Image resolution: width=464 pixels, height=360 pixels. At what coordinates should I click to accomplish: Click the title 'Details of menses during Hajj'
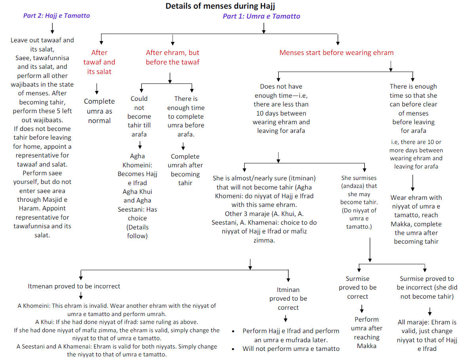click(x=220, y=6)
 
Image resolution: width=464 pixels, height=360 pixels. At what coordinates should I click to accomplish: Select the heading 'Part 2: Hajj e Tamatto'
click(x=57, y=16)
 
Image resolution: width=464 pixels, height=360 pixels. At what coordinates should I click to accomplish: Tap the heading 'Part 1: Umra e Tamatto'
click(x=261, y=16)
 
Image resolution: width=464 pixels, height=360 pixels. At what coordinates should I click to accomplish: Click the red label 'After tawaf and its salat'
click(x=99, y=62)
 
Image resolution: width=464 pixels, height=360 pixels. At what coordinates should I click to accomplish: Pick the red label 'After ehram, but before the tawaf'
click(x=173, y=57)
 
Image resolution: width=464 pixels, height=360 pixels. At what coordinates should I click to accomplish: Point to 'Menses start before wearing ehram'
click(x=337, y=53)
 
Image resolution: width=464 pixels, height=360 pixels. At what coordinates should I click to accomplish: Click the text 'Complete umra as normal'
click(x=99, y=111)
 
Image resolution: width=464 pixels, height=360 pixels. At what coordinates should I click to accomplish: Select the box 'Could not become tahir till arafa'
click(x=139, y=116)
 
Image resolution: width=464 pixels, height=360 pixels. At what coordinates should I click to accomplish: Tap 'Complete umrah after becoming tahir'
click(x=185, y=169)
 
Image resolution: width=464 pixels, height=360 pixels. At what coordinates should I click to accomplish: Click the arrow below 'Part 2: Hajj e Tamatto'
click(x=52, y=28)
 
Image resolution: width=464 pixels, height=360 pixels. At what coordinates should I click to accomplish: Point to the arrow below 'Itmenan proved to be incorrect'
click(x=81, y=296)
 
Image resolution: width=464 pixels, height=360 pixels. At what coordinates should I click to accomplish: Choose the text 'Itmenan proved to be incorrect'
click(x=74, y=286)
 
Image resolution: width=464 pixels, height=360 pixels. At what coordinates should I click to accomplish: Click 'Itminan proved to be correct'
click(x=288, y=299)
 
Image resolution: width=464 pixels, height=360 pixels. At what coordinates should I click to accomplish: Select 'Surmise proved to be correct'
click(x=358, y=288)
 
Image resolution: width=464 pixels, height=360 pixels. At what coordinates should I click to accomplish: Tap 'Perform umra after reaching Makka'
click(x=367, y=333)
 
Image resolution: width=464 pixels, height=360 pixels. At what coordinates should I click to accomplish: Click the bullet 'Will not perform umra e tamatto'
click(x=291, y=349)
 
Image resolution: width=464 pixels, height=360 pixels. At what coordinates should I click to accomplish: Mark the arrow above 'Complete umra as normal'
click(x=97, y=89)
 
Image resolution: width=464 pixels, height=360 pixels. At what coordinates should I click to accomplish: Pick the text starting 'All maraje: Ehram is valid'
click(x=427, y=335)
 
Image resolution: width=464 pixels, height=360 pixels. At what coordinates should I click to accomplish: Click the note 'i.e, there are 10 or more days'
click(x=416, y=154)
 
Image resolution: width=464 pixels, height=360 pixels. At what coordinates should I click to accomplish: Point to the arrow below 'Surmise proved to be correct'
click(x=361, y=309)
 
